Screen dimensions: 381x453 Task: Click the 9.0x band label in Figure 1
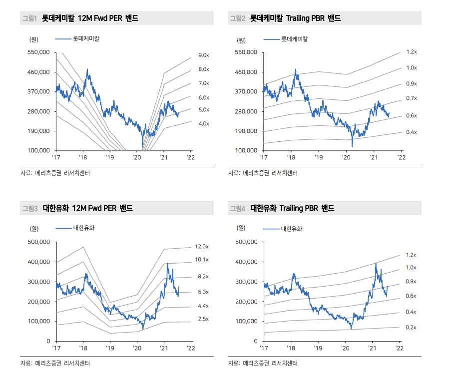tap(203, 55)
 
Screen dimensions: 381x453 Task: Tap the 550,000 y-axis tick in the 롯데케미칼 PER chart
tap(37, 52)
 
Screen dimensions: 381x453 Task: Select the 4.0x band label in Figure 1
tap(203, 123)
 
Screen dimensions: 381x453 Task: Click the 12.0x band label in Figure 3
tap(201, 247)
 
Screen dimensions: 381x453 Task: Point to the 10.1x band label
tap(201, 260)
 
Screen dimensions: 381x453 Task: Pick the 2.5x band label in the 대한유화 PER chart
tap(203, 319)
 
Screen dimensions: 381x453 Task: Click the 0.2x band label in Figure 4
tap(411, 327)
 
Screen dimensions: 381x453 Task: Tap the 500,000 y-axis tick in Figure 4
tap(245, 242)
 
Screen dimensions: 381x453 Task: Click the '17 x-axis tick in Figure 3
tap(56, 348)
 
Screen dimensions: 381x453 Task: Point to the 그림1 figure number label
tap(29, 18)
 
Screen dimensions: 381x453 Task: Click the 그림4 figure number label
tap(237, 208)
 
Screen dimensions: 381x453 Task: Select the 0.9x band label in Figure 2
tap(411, 84)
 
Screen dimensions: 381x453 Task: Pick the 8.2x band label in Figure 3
tap(203, 276)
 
